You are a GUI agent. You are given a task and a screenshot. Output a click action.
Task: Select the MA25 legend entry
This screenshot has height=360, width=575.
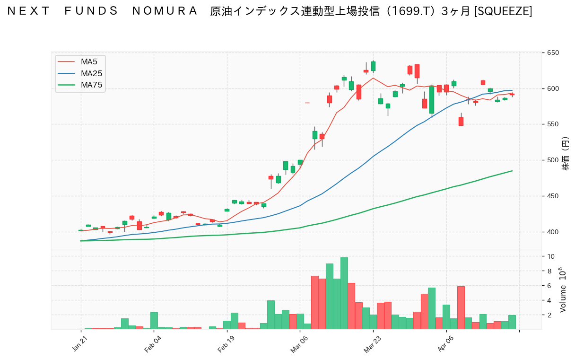tap(91, 73)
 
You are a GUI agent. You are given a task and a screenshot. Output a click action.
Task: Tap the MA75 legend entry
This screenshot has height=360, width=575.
tap(91, 85)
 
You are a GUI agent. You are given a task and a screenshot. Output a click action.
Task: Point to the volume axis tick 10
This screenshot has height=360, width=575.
tap(551, 256)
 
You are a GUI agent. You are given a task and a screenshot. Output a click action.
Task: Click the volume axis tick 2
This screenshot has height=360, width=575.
tap(549, 315)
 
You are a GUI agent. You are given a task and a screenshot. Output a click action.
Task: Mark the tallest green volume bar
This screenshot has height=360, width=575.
tap(344, 293)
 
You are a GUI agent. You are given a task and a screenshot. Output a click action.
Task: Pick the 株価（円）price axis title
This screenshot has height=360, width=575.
tap(565, 154)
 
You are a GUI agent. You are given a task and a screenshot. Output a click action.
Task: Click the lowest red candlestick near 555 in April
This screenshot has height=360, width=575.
tap(461, 122)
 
